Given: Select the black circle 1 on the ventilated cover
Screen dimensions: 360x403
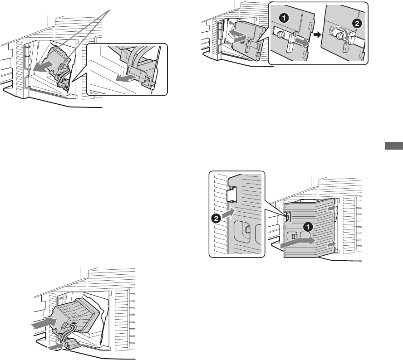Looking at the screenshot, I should (x=307, y=229).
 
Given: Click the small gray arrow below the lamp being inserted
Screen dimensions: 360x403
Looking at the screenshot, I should (x=57, y=347).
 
